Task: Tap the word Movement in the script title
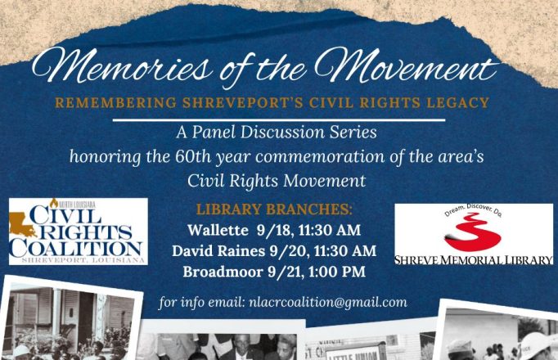[x=406, y=65]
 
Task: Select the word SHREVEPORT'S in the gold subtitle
[x=243, y=103]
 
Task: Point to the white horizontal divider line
[x=279, y=120]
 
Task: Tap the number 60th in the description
[x=193, y=156]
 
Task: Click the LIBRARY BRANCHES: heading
[x=274, y=209]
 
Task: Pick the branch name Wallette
[x=218, y=230]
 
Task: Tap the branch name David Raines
[x=218, y=251]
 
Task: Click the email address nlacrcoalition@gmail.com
[x=328, y=303]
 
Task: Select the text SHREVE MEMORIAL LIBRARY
[x=473, y=260]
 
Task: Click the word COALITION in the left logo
[x=76, y=249]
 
